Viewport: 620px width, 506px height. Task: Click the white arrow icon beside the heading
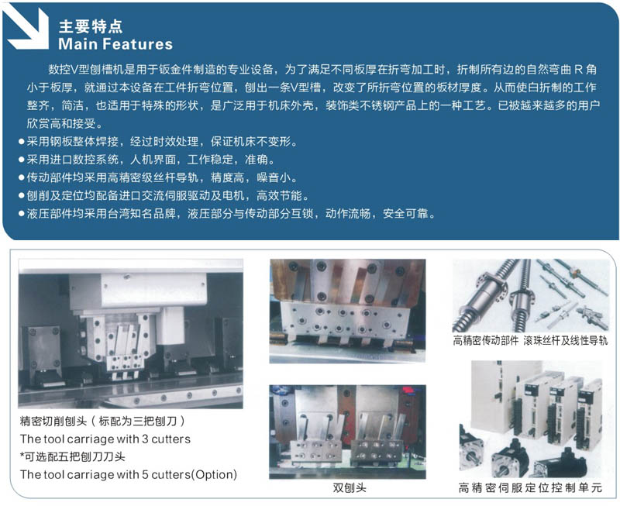[28, 28]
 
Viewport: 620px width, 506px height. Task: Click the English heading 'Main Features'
[115, 44]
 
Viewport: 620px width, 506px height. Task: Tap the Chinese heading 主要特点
[91, 26]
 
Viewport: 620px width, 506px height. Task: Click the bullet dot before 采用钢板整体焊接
[22, 142]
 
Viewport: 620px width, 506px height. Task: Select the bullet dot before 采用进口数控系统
[22, 160]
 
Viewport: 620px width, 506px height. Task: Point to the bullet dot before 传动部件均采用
[22, 177]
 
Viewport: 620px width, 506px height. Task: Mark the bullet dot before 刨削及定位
[22, 196]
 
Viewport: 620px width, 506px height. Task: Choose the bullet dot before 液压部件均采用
[22, 214]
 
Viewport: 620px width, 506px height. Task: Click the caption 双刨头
[350, 488]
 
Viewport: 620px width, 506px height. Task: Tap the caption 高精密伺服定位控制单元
[530, 488]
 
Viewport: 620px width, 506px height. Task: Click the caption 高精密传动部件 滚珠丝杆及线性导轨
[530, 341]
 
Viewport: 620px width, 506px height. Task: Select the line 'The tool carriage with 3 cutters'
[105, 439]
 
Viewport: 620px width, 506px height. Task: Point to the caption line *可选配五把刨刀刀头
[73, 456]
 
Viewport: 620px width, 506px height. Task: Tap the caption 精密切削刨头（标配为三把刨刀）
[102, 421]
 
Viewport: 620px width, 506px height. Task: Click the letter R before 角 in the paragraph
[578, 70]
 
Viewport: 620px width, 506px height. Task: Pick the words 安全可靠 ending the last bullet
[405, 214]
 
